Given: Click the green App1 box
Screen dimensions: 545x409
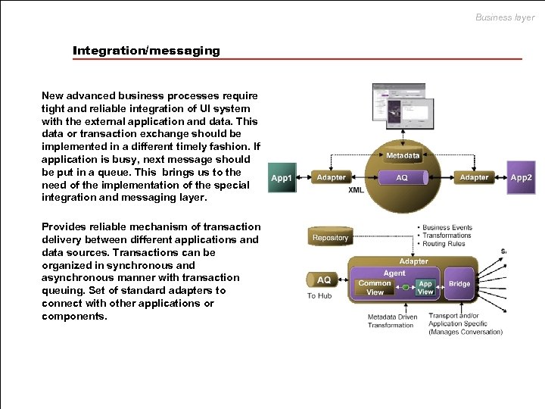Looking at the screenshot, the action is click(282, 178).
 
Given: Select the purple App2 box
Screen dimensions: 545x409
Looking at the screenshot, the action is click(521, 177).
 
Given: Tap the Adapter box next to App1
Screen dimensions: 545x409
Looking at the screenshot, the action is click(331, 177).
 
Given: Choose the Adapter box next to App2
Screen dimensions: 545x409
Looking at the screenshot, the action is click(474, 177).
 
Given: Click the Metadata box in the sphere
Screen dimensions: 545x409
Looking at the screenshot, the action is click(403, 155).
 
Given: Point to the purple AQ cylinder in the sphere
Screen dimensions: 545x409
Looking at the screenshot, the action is click(402, 178).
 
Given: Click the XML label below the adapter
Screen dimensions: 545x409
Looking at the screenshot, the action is click(356, 190).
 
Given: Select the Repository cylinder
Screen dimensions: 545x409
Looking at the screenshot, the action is click(330, 237).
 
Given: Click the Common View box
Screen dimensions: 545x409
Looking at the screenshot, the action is click(375, 287).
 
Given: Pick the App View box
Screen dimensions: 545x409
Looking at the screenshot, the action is click(425, 287).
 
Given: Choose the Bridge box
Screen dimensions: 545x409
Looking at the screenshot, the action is click(459, 284).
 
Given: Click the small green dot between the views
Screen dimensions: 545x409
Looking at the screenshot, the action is click(406, 287).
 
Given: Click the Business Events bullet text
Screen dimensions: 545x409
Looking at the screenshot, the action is click(447, 227).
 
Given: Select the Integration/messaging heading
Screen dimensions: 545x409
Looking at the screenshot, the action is click(146, 51).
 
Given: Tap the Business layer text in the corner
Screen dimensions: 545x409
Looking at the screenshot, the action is click(504, 17).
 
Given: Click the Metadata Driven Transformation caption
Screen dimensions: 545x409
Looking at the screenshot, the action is click(391, 321).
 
